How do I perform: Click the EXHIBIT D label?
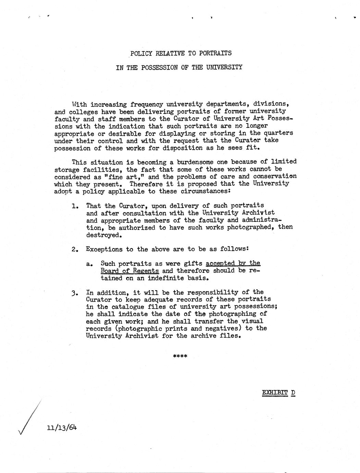[278, 392]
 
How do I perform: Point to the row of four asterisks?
[180, 356]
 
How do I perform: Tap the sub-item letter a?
[89, 264]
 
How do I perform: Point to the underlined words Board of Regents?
[129, 271]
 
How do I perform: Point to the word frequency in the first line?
[147, 104]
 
